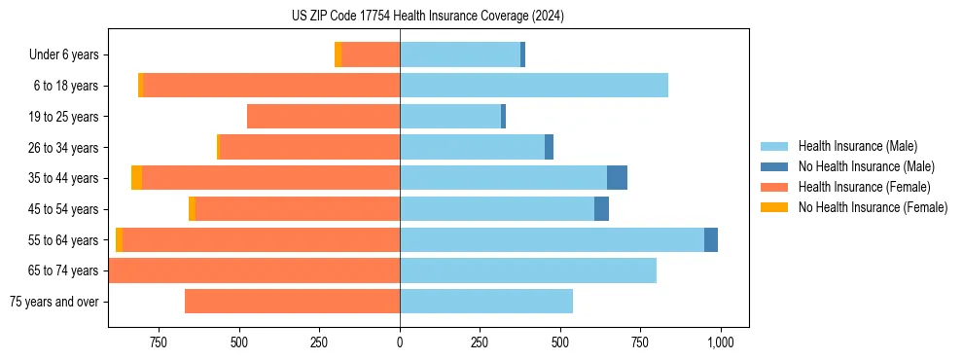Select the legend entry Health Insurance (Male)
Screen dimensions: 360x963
[x=857, y=146]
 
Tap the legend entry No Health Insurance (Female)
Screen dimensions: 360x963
[x=873, y=207]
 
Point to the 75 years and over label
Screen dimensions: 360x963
[x=54, y=302]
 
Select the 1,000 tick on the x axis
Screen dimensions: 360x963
[x=720, y=342]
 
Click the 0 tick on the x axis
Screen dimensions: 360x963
[x=400, y=342]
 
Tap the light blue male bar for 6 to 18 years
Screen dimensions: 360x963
[x=534, y=86]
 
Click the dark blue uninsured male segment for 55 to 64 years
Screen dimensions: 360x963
[x=711, y=240]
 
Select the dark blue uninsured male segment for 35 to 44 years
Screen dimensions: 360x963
[x=617, y=178]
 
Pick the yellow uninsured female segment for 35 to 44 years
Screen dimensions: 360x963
[x=137, y=178]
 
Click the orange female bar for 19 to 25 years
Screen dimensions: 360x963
[x=323, y=117]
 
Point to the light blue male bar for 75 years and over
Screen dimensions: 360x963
[x=486, y=302]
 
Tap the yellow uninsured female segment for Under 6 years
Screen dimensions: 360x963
[x=338, y=55]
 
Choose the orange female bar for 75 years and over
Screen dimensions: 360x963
[x=292, y=302]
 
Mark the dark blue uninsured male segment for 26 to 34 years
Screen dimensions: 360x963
[x=549, y=147]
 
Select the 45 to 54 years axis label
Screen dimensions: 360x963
[x=64, y=209]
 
